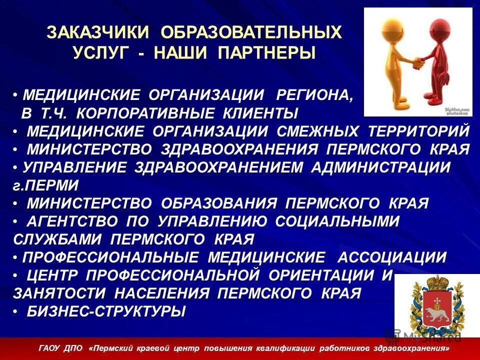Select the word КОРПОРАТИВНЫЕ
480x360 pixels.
tap(148, 112)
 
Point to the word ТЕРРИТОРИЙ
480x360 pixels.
tap(419, 131)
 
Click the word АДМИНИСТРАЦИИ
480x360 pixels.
tap(381, 167)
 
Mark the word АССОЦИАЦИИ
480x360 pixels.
tap(392, 257)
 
